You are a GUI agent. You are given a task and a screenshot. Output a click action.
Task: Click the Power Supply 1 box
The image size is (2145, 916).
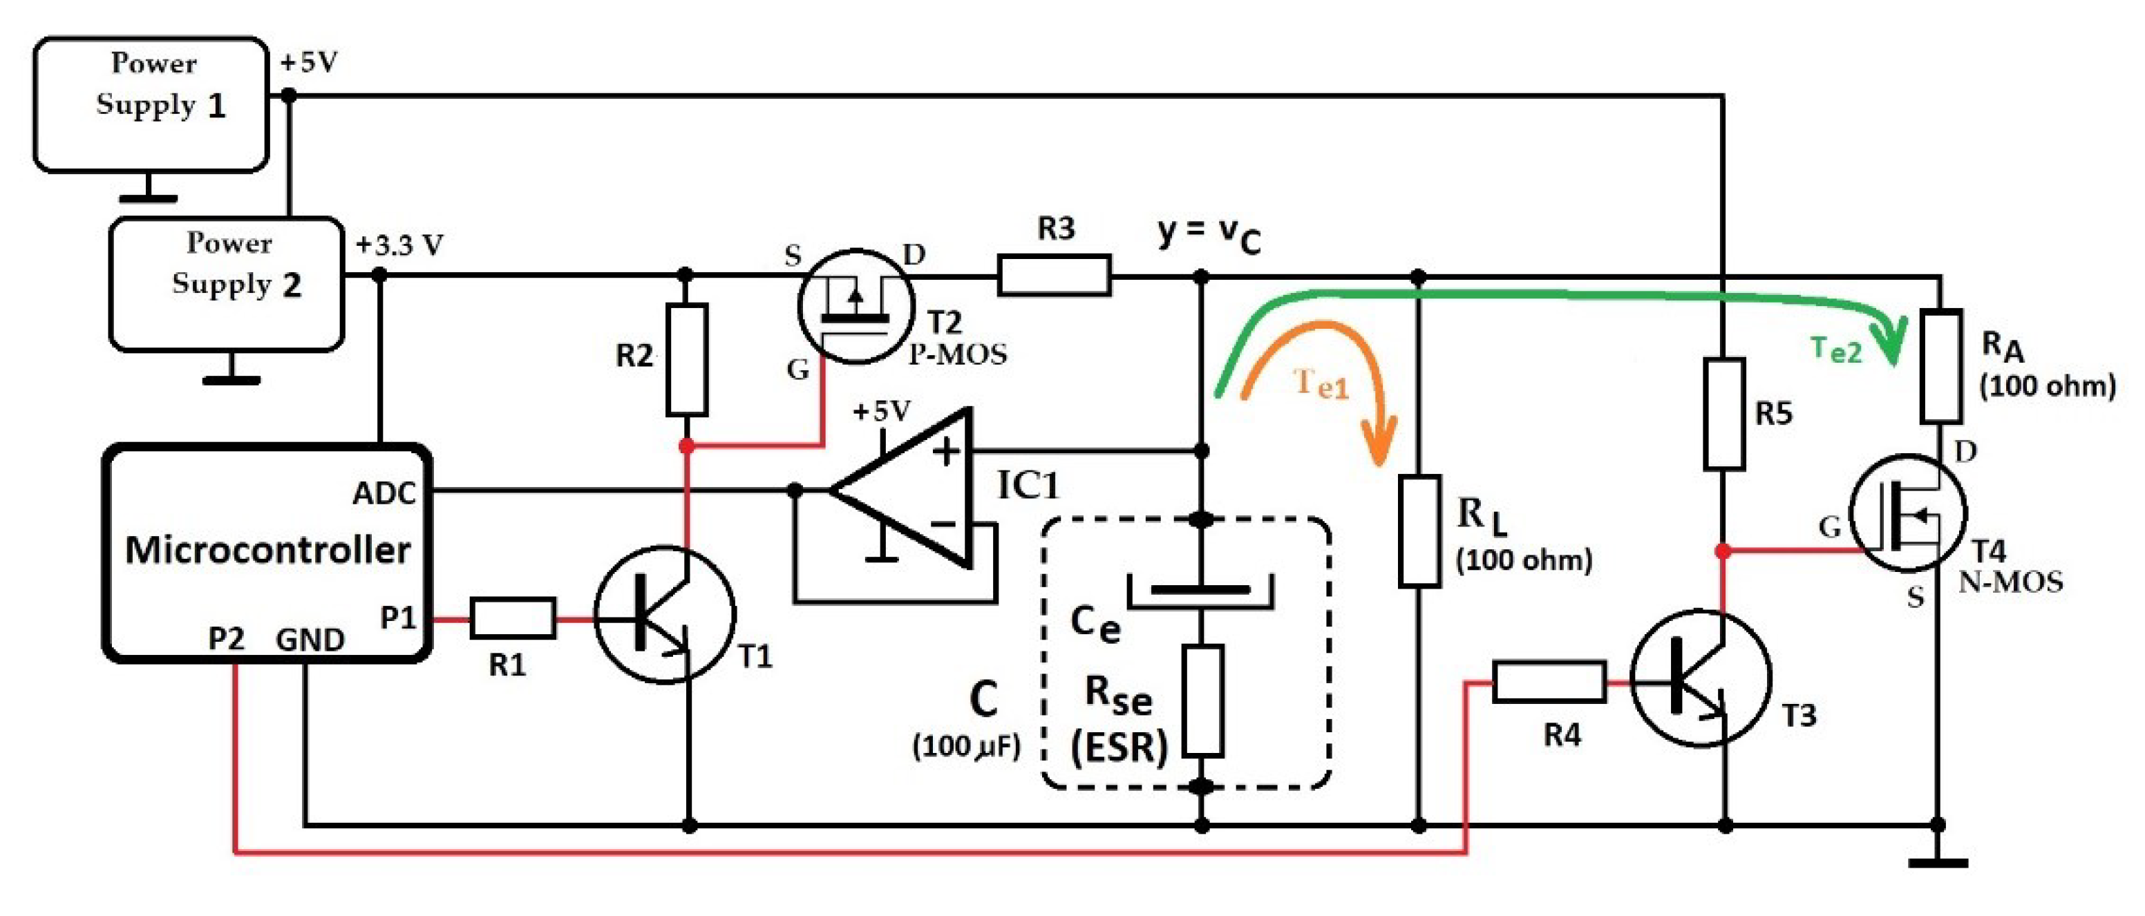(151, 104)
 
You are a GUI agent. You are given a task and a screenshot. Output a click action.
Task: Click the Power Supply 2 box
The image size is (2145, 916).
(227, 284)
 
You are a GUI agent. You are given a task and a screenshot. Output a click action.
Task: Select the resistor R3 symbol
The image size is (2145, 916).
(1054, 275)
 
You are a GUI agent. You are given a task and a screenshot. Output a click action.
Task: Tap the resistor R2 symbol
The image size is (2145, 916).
(687, 360)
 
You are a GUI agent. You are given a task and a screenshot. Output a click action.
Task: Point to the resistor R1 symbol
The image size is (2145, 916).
(513, 618)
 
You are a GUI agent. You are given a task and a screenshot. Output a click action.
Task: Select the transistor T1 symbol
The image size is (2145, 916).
(665, 615)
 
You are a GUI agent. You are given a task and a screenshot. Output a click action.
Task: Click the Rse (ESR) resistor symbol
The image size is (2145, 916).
(1202, 700)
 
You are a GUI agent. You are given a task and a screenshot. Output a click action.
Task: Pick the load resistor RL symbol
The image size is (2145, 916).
(1419, 531)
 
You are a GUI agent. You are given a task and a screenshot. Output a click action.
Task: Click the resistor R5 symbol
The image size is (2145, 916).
(1723, 414)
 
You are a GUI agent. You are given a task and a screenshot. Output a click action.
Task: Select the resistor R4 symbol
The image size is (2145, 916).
(1549, 682)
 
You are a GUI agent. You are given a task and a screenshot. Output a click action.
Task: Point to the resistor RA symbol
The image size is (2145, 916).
(1940, 366)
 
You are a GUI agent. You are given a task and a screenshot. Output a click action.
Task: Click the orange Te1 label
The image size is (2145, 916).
(1321, 384)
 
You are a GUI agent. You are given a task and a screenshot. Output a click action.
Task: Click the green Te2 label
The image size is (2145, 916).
(1835, 350)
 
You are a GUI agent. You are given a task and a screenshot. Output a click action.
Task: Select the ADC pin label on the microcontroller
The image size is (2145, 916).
(384, 494)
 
